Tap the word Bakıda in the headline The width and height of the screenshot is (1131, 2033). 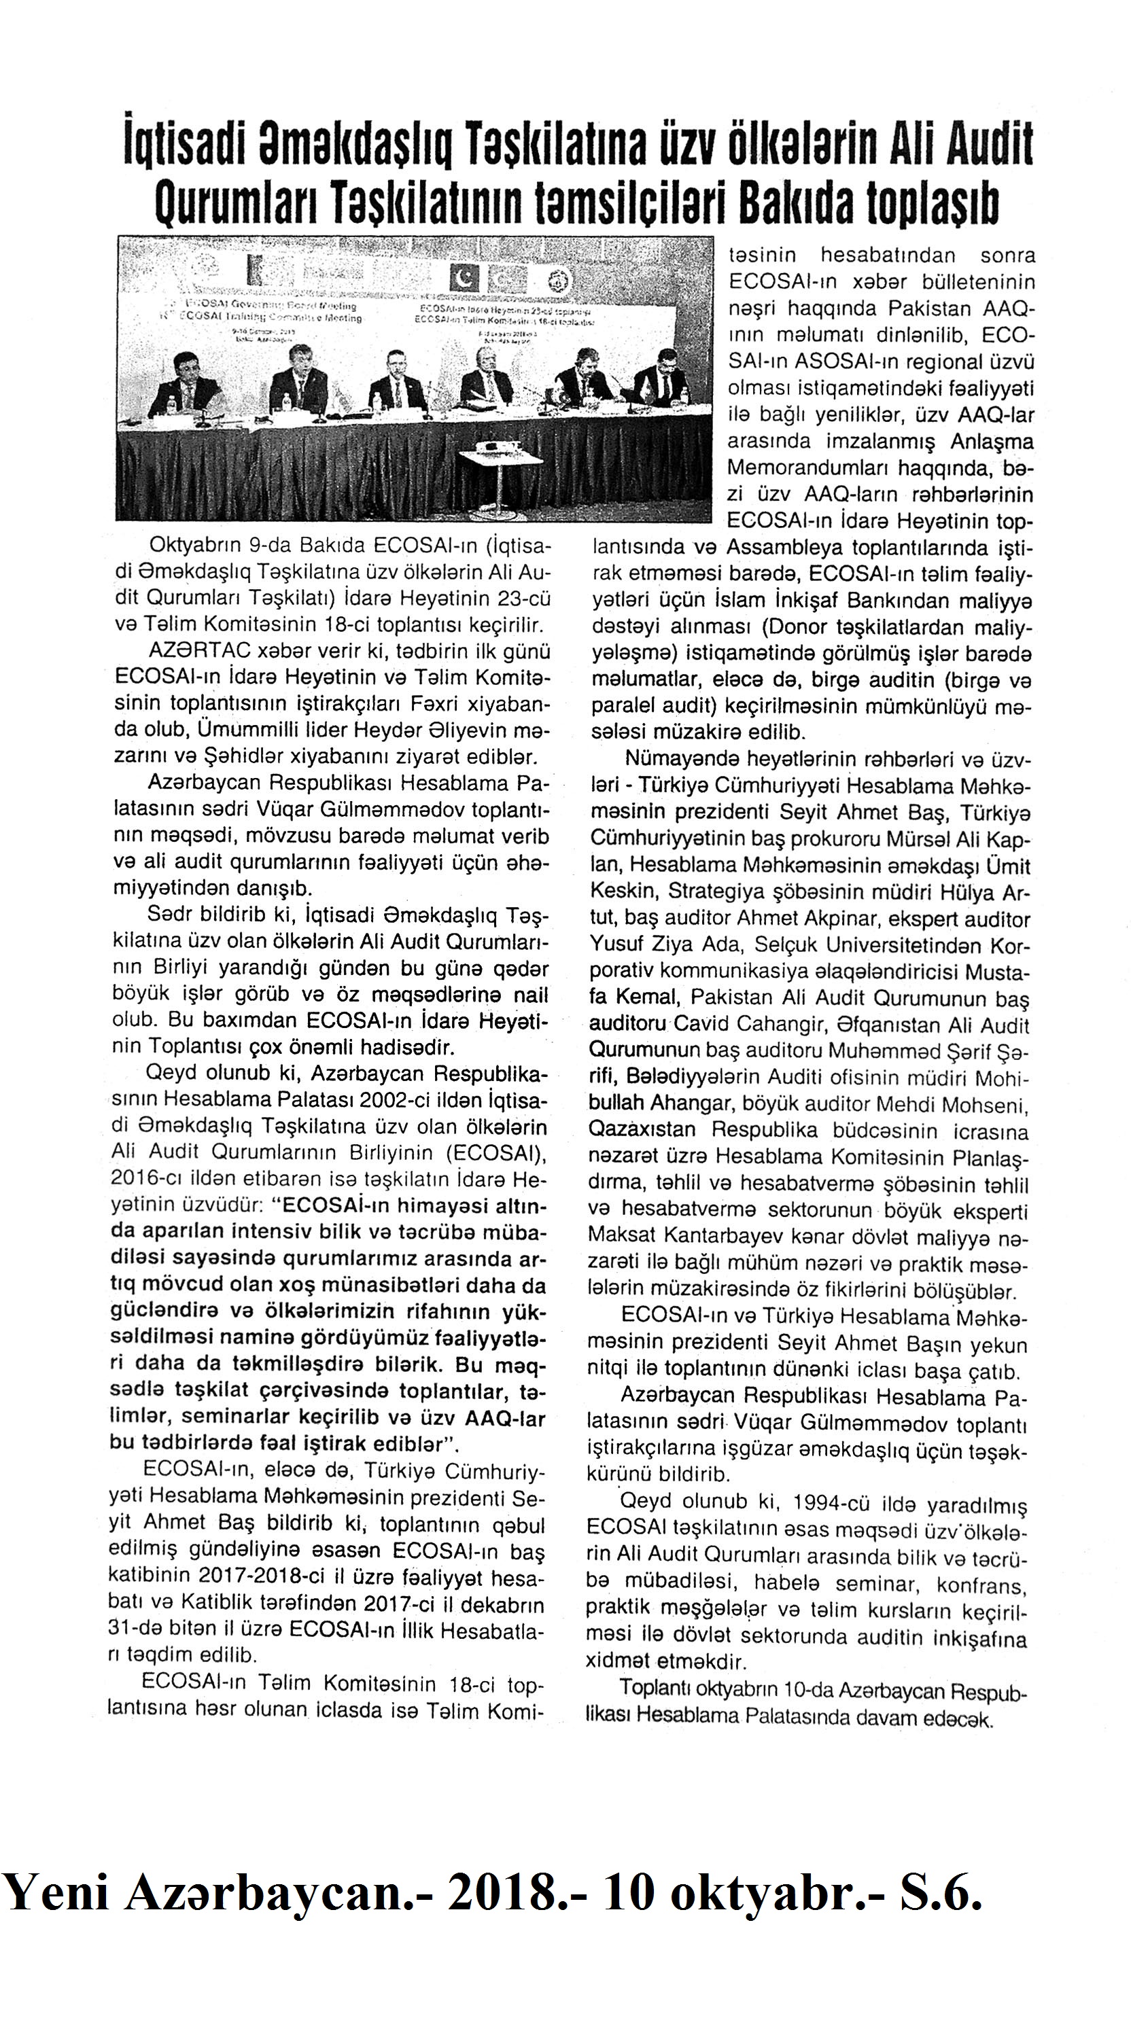(793, 203)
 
